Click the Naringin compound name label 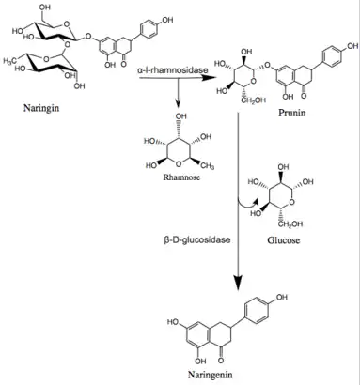pyautogui.click(x=41, y=109)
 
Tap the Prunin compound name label pyautogui.click(x=291, y=113)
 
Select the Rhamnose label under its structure pyautogui.click(x=181, y=177)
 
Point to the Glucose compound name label pyautogui.click(x=283, y=240)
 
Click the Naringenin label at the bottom pyautogui.click(x=211, y=375)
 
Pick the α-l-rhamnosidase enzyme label pyautogui.click(x=172, y=70)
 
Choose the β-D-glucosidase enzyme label pyautogui.click(x=196, y=240)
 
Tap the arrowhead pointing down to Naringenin pyautogui.click(x=239, y=282)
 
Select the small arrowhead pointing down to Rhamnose pyautogui.click(x=178, y=105)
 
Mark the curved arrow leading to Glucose pyautogui.click(x=247, y=205)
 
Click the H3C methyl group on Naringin pyautogui.click(x=10, y=61)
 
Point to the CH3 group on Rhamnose pyautogui.click(x=208, y=166)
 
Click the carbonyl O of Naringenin pyautogui.click(x=221, y=361)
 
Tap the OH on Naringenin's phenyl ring pyautogui.click(x=281, y=297)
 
